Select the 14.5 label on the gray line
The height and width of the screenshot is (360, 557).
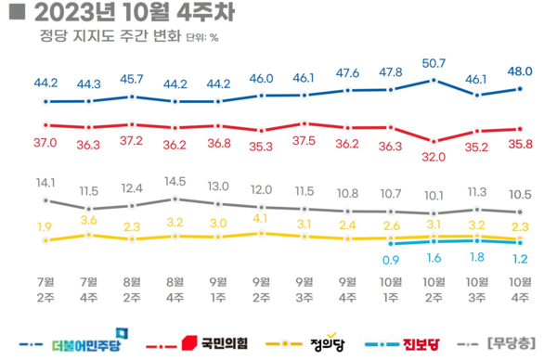175,182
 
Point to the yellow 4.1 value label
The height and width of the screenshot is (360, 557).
262,219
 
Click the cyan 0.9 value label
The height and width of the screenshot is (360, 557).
391,259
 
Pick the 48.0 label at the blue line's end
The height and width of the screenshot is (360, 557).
520,69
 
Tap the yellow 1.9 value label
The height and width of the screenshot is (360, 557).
45,226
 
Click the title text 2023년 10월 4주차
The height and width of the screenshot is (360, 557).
114,13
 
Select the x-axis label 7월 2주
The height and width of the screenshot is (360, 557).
45,289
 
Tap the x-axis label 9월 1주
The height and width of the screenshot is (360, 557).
218,289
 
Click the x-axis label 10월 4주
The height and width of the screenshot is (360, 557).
520,289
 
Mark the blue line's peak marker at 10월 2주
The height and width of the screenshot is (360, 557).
434,81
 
